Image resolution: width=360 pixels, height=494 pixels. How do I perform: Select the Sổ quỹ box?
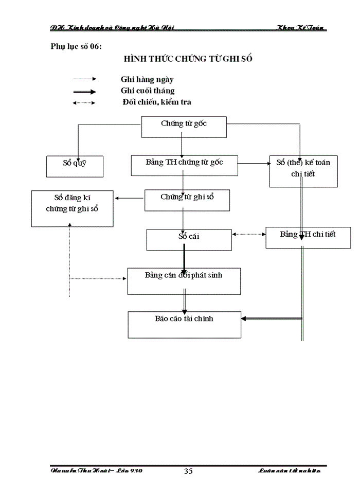point(75,166)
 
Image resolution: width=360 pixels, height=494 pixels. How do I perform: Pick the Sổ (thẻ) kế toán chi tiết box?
point(303,171)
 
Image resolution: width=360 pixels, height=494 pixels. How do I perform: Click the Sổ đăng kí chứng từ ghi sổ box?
point(72,208)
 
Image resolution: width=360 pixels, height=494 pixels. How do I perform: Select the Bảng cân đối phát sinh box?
point(184,281)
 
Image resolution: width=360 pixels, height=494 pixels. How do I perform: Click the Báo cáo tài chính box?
point(184,324)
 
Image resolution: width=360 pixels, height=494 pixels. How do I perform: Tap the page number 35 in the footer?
point(188,471)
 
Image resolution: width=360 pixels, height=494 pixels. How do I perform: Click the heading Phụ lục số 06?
point(76,47)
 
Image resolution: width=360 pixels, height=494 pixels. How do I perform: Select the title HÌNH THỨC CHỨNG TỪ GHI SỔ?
point(188,59)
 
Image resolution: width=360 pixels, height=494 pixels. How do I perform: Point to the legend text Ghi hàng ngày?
point(147,79)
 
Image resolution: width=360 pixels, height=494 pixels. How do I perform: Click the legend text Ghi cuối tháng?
point(148,91)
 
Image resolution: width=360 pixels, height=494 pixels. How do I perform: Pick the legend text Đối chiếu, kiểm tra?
point(156,102)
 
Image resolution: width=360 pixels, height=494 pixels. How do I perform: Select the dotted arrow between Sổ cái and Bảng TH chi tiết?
point(249,234)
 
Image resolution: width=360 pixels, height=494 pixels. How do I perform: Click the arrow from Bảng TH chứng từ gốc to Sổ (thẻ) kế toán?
point(254,163)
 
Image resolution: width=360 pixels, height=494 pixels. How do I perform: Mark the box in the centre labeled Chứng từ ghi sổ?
point(187,200)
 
